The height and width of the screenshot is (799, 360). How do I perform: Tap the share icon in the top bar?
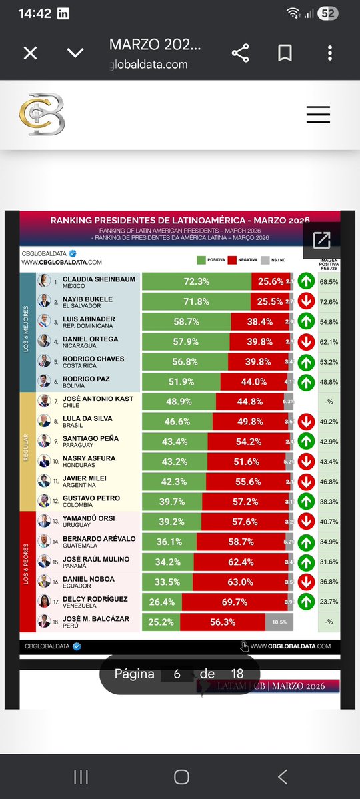[x=241, y=53]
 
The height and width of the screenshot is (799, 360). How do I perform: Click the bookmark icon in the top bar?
[x=285, y=53]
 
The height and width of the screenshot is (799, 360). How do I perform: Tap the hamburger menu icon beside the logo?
[x=318, y=115]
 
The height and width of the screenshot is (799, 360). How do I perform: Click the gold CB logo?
[x=41, y=115]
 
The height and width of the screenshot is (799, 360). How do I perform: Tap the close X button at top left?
[x=30, y=53]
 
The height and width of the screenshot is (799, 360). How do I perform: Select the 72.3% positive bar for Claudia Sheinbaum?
[x=196, y=282]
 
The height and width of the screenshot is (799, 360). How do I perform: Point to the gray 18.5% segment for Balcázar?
[x=279, y=622]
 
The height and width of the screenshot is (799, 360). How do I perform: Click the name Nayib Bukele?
[x=87, y=299]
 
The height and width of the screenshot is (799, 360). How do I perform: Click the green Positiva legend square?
[x=201, y=260]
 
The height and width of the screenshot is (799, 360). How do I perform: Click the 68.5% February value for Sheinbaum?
[x=328, y=282]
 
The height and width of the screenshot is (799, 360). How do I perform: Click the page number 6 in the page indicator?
[x=177, y=674]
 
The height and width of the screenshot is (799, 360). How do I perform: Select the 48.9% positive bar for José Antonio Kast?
[x=179, y=401]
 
